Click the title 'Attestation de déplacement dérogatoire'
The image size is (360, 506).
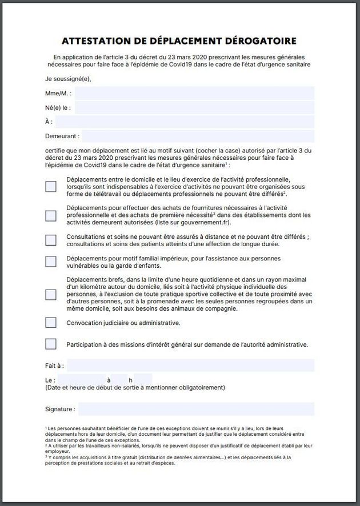pos(179,41)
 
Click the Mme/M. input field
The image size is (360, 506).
pos(194,93)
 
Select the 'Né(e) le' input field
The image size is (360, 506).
pos(194,107)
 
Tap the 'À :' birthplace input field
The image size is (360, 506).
pos(185,122)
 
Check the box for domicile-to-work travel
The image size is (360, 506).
pos(51,186)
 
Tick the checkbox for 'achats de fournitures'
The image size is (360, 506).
pos(51,215)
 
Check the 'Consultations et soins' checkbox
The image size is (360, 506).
pos(51,240)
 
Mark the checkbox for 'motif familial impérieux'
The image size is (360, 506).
pos(51,261)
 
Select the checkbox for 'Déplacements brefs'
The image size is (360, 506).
pos(51,294)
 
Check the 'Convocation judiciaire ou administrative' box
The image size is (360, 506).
pos(51,323)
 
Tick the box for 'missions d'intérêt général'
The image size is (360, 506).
pos(51,344)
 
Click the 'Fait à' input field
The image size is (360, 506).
pos(190,366)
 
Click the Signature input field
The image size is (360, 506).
pos(196,409)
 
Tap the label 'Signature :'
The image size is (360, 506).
pos(60,409)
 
